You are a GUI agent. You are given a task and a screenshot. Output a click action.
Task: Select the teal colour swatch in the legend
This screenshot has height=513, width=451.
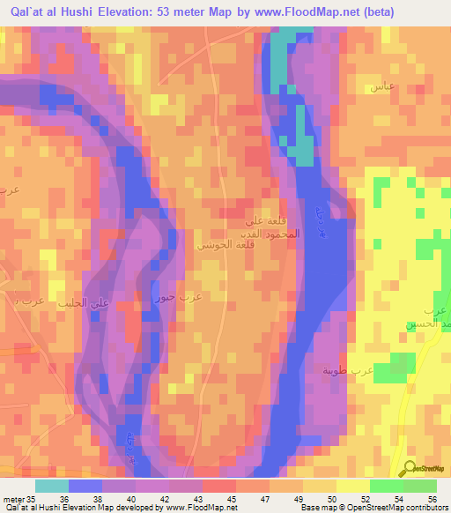coord(51,486)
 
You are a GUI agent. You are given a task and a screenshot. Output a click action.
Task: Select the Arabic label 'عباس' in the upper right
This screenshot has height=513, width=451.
coord(381,87)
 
